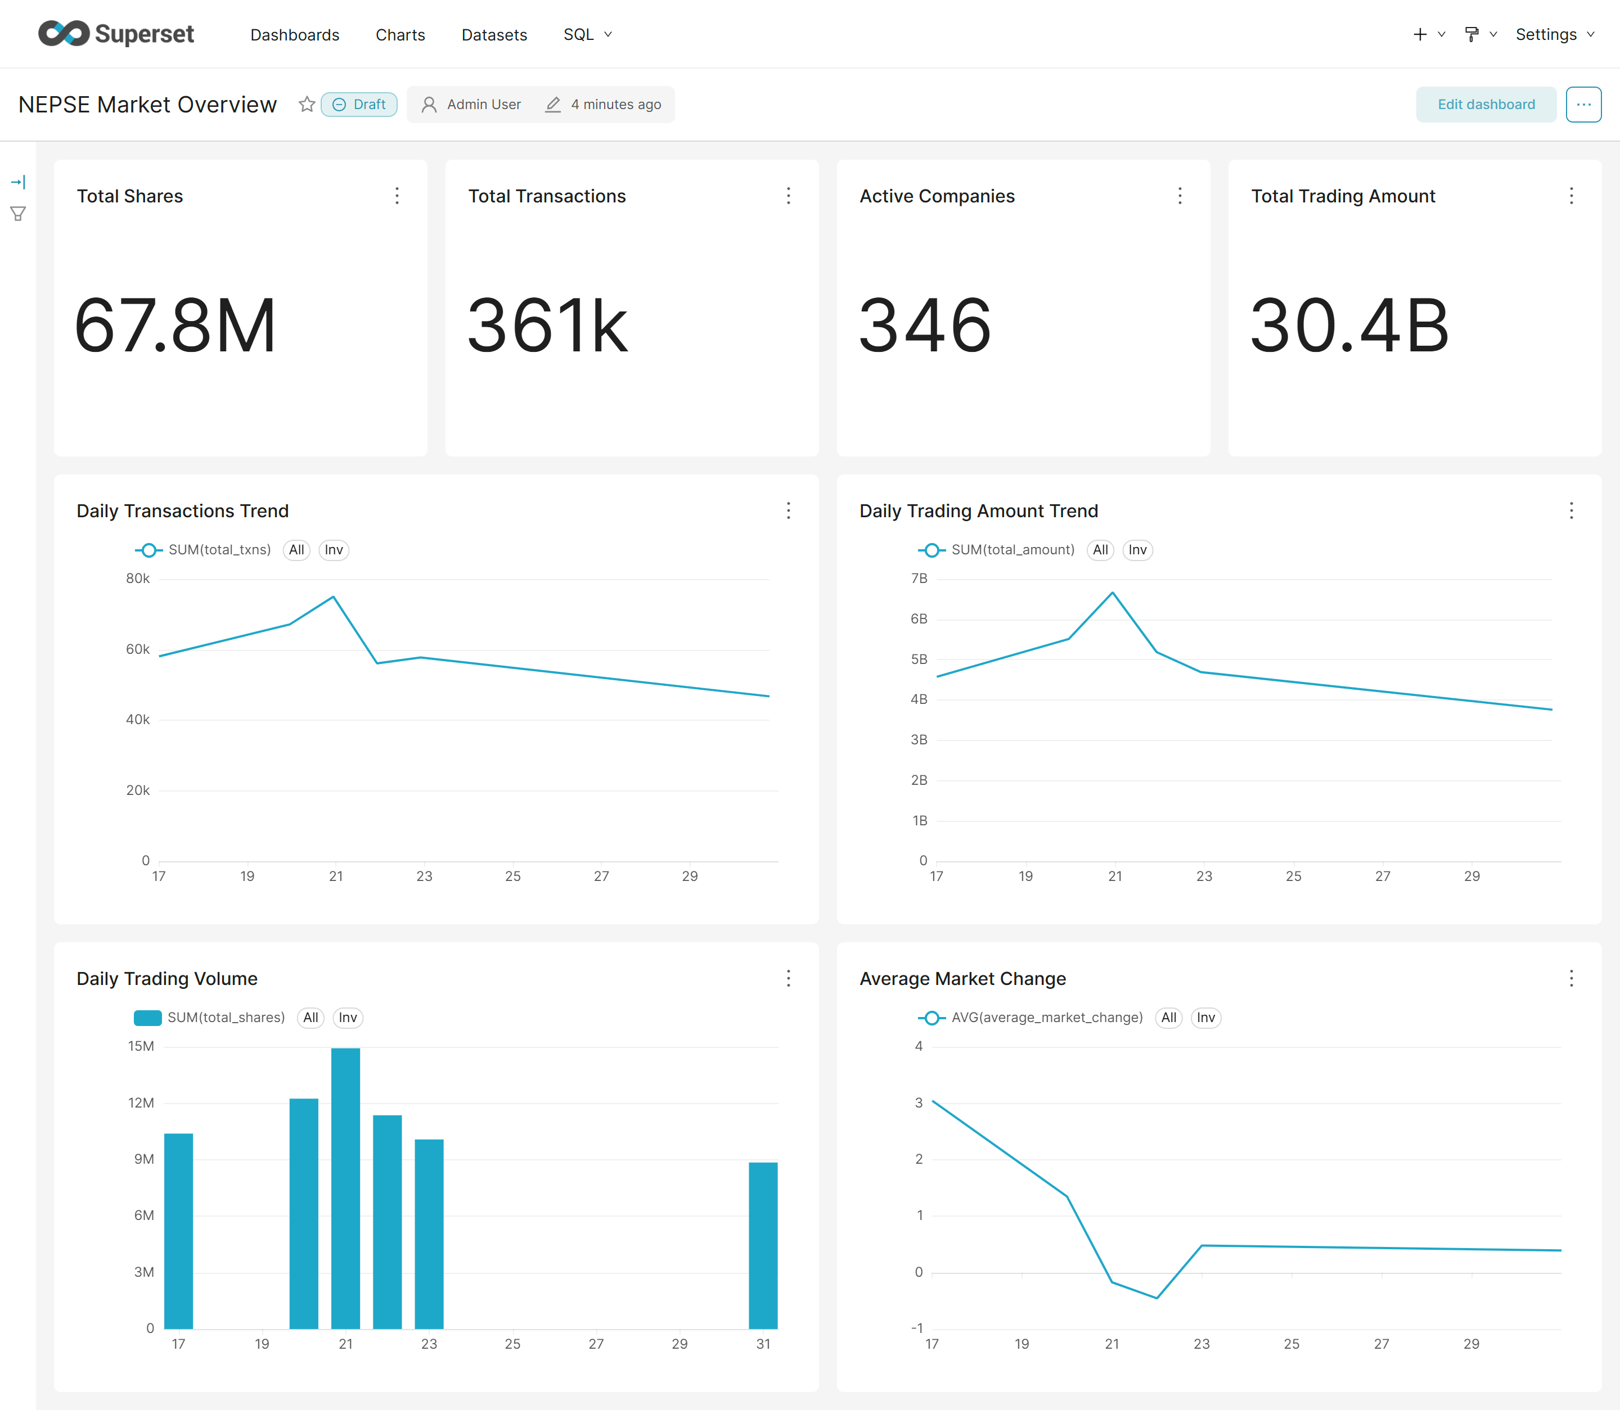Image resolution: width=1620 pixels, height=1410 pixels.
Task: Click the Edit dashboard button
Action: pyautogui.click(x=1486, y=105)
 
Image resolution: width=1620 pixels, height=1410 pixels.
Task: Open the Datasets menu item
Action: pyautogui.click(x=493, y=35)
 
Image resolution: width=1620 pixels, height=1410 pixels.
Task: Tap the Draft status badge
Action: pyautogui.click(x=359, y=105)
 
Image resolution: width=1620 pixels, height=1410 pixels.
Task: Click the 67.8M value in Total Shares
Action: pyautogui.click(x=175, y=326)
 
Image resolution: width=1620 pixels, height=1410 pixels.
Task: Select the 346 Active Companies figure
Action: pyautogui.click(x=925, y=326)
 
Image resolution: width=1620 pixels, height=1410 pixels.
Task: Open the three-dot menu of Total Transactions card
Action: pyautogui.click(x=788, y=196)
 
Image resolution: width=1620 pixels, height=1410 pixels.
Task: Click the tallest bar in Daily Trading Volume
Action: pyautogui.click(x=345, y=1188)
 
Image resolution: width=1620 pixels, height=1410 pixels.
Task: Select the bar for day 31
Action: pyautogui.click(x=763, y=1245)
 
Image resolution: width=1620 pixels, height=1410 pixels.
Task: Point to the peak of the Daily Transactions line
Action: pyautogui.click(x=334, y=597)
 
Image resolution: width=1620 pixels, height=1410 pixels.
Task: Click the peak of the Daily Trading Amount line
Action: pyautogui.click(x=1112, y=593)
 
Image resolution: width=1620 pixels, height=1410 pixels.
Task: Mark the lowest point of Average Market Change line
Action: pyautogui.click(x=1156, y=1298)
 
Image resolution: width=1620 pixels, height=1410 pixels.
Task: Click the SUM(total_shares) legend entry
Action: pyautogui.click(x=209, y=1018)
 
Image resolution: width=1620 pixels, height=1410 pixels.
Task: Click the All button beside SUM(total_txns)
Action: pyautogui.click(x=296, y=550)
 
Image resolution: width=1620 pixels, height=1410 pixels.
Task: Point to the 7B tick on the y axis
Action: pyautogui.click(x=919, y=579)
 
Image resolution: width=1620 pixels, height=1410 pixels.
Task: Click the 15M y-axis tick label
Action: pyautogui.click(x=141, y=1046)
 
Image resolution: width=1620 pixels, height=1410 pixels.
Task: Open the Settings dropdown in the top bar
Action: pyautogui.click(x=1555, y=35)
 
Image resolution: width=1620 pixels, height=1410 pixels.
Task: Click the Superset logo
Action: pyautogui.click(x=116, y=34)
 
